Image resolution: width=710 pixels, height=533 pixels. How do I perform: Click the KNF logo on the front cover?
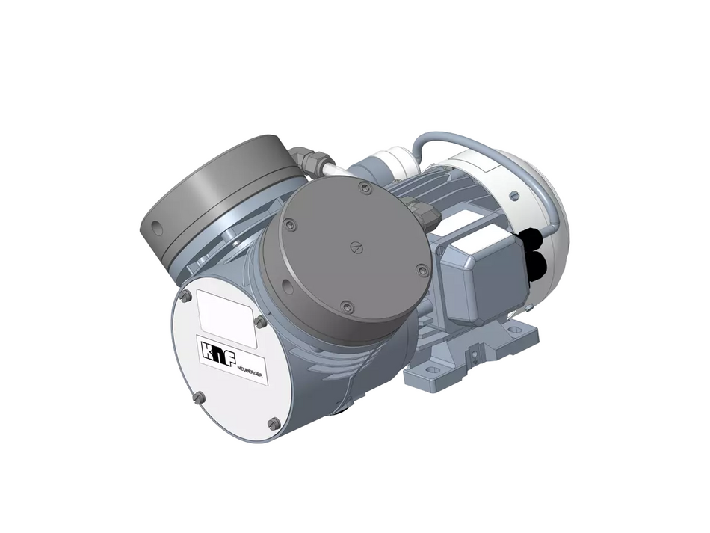coord(214,351)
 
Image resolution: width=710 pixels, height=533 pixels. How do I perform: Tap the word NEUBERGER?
coord(248,371)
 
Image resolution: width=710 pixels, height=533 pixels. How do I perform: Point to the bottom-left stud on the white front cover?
coord(195,399)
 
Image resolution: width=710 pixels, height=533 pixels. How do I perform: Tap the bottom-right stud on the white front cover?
coord(274,424)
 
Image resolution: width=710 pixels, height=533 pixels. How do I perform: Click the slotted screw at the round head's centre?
coord(356,247)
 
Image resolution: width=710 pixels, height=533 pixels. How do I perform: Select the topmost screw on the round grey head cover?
coord(365,190)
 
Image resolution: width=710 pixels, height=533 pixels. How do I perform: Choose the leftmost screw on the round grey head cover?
coord(291,221)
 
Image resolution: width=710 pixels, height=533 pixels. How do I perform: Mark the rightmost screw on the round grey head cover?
coord(422,270)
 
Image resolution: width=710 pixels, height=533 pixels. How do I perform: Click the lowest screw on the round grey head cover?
coord(345,305)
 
